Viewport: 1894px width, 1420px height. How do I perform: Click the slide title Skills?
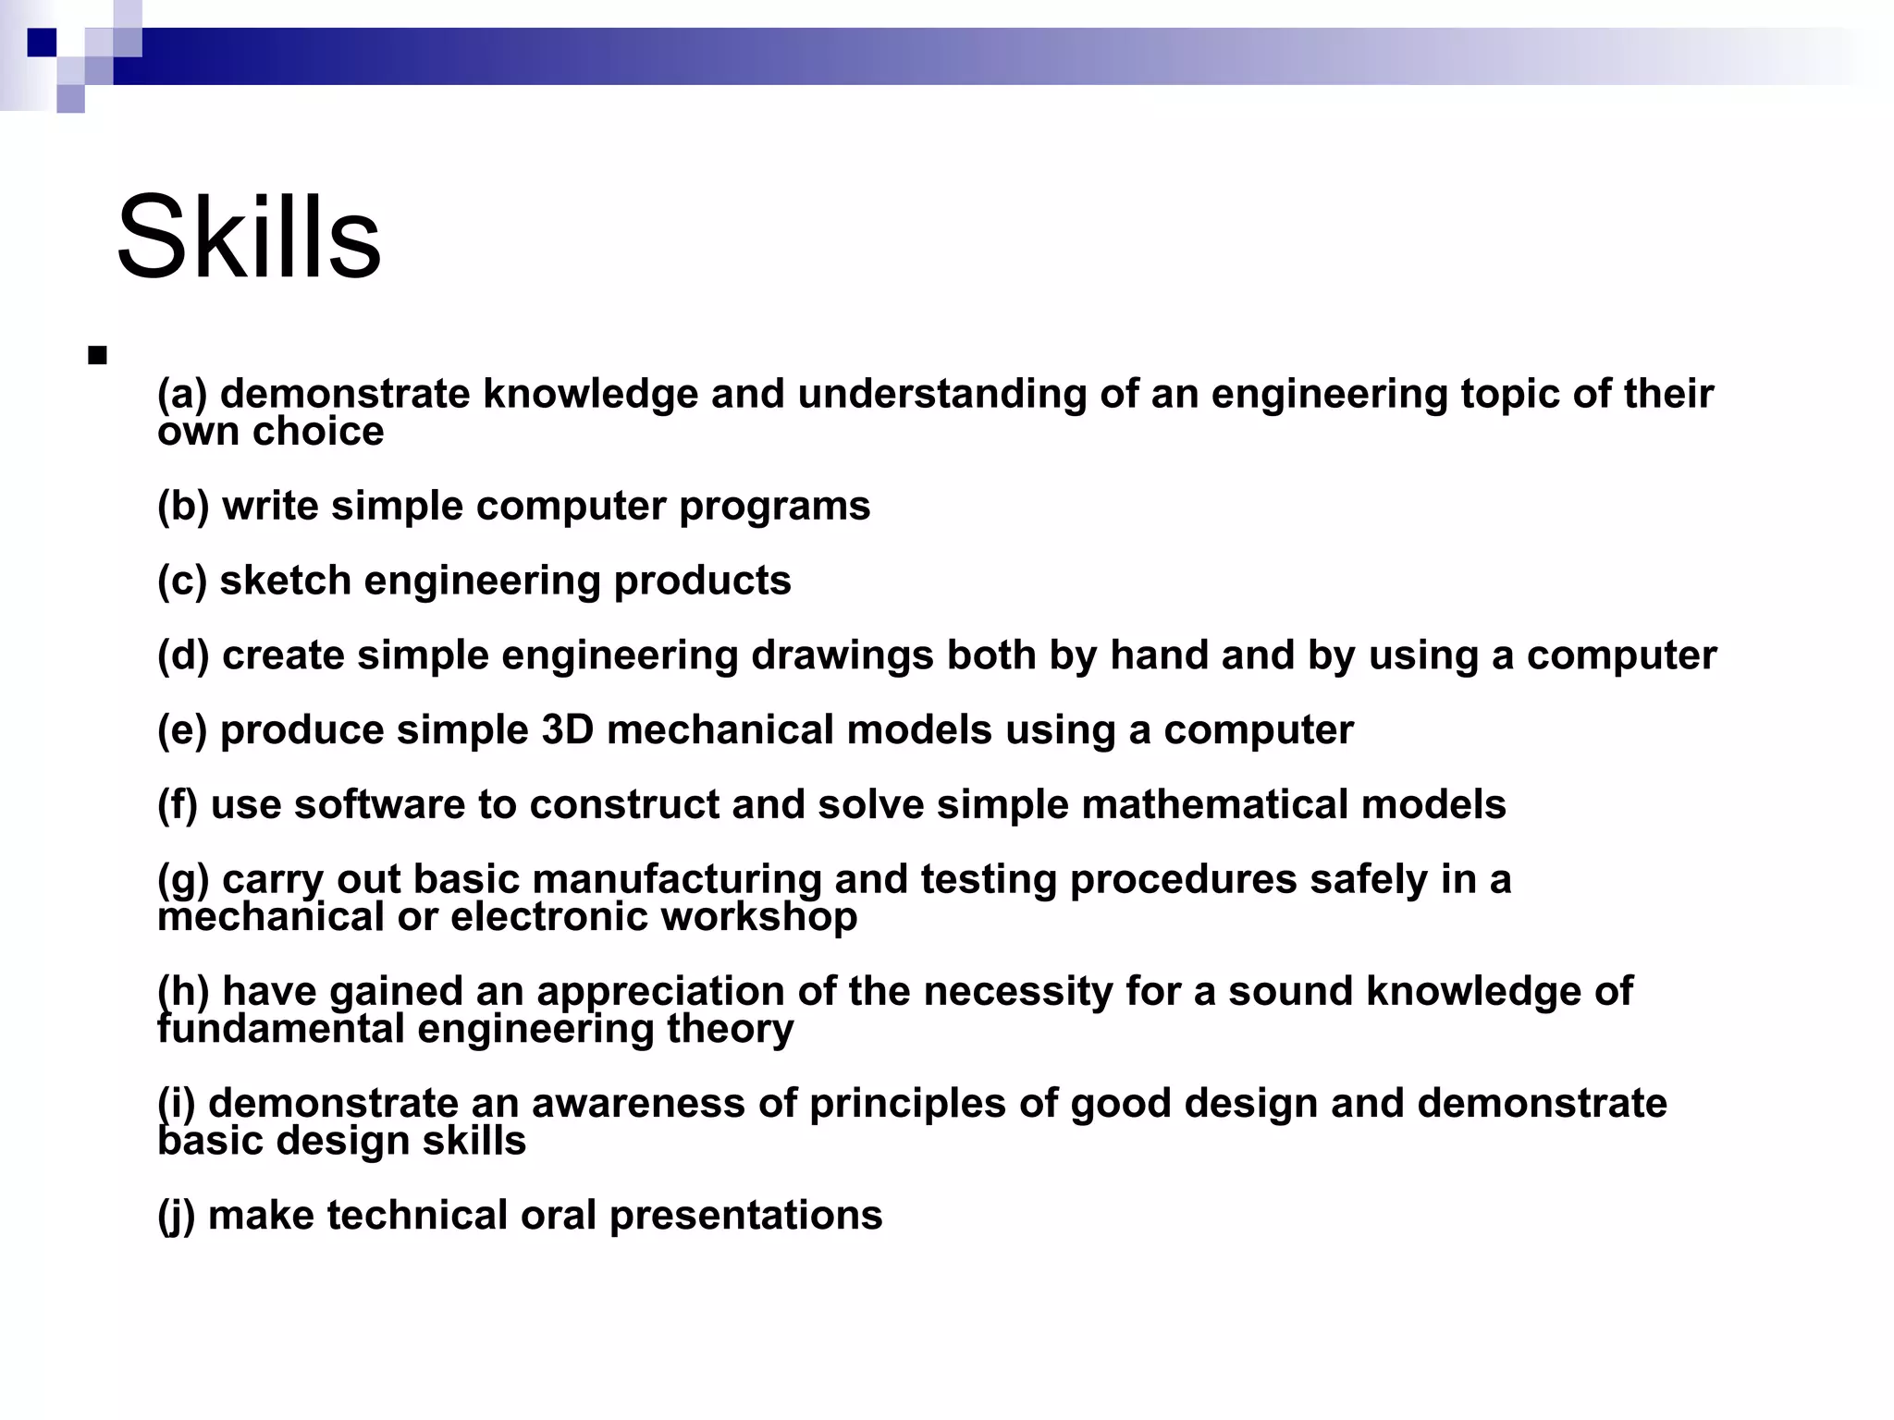click(248, 238)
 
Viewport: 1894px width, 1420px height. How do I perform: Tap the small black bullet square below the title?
click(97, 356)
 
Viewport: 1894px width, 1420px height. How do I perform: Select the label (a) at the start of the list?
click(182, 395)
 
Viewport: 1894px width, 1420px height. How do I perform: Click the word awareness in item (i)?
click(637, 1104)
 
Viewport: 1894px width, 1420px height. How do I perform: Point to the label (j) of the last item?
click(176, 1216)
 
